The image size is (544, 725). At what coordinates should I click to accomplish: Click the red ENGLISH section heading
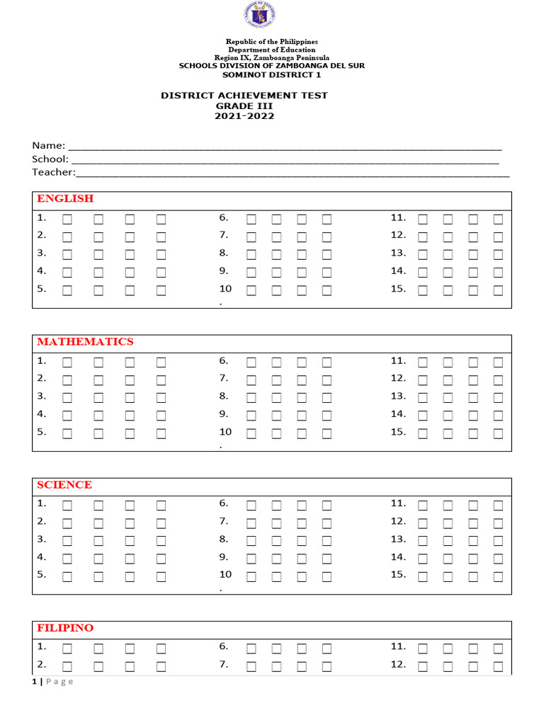pyautogui.click(x=65, y=199)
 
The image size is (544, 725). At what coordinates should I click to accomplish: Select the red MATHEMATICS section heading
pyautogui.click(x=85, y=342)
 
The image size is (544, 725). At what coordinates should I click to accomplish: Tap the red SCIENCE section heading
pyautogui.click(x=64, y=485)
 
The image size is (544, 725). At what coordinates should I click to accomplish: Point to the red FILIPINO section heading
pyautogui.click(x=65, y=628)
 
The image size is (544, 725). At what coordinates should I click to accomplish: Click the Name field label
pyautogui.click(x=49, y=145)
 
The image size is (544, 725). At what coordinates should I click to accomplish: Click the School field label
pyautogui.click(x=50, y=159)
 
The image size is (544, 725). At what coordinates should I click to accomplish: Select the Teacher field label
pyautogui.click(x=53, y=172)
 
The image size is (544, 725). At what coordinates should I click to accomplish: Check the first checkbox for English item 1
pyautogui.click(x=67, y=219)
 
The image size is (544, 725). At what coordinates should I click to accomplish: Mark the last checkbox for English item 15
pyautogui.click(x=498, y=290)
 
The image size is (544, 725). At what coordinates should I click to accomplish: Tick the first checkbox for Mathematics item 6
pyautogui.click(x=251, y=362)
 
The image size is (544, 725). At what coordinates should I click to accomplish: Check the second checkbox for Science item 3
pyautogui.click(x=98, y=541)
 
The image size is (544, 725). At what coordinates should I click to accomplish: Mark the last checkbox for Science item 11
pyautogui.click(x=498, y=506)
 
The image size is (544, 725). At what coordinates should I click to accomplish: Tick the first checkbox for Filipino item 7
pyautogui.click(x=251, y=666)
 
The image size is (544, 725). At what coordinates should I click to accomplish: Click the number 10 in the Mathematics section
pyautogui.click(x=225, y=431)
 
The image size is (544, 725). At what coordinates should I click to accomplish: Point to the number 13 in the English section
pyautogui.click(x=398, y=253)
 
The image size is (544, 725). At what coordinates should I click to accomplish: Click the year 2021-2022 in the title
pyautogui.click(x=244, y=116)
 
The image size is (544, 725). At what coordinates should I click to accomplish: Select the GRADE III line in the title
pyautogui.click(x=244, y=105)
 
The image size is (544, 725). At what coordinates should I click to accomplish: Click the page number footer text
pyautogui.click(x=53, y=682)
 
